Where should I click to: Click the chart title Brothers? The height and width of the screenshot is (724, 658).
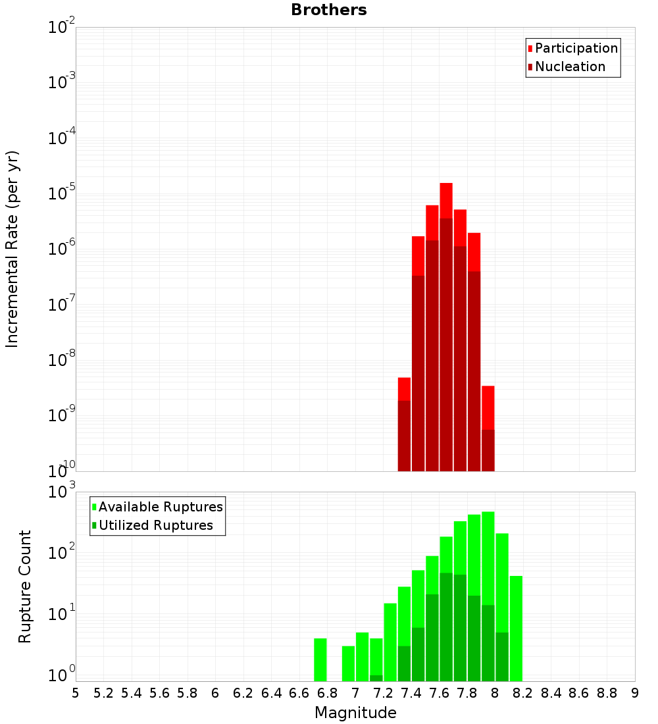(x=329, y=11)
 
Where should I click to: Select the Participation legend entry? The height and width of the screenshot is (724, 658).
(x=576, y=48)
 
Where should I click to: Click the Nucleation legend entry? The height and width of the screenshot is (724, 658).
(x=570, y=66)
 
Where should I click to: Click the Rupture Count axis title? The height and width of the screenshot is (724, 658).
(x=25, y=586)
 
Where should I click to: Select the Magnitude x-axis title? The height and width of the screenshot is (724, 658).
(x=355, y=713)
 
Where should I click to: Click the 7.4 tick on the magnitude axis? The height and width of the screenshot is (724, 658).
(x=411, y=692)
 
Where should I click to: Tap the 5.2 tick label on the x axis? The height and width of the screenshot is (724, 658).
(x=104, y=692)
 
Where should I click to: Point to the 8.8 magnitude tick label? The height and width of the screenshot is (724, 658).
(x=607, y=692)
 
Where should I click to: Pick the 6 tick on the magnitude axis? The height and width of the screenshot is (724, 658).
(x=215, y=692)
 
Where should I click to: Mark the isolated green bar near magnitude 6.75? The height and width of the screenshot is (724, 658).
(x=320, y=659)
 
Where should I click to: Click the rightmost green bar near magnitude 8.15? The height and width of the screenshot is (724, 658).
(x=516, y=629)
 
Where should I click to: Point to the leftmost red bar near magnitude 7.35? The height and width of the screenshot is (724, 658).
(x=404, y=388)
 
